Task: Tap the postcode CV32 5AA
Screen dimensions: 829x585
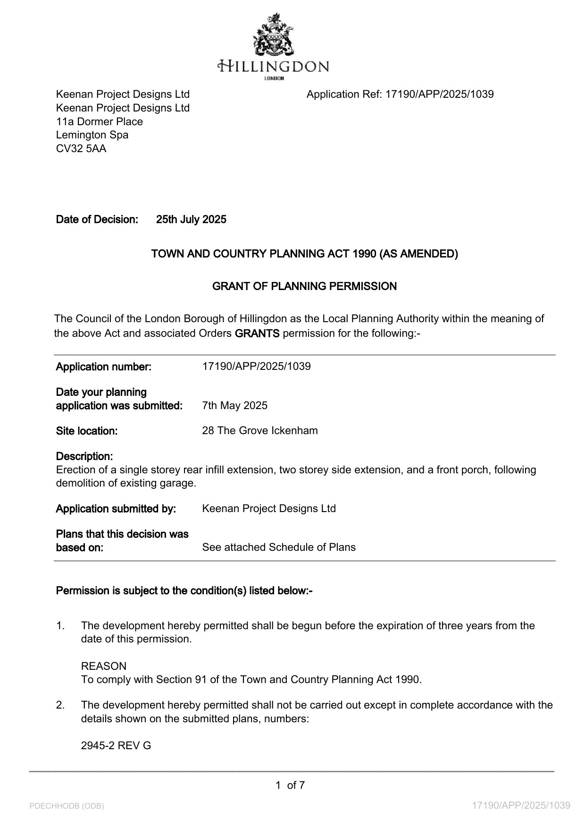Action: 81,149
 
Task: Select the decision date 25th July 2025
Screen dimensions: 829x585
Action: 191,220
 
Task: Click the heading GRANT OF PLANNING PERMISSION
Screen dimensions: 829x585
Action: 304,286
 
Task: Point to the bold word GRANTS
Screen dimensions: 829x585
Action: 257,333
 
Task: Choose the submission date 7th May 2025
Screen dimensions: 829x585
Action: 234,406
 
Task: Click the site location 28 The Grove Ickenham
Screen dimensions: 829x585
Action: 259,431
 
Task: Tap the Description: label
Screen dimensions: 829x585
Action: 84,456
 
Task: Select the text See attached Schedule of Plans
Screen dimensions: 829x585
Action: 279,547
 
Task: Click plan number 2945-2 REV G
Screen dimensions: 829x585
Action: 116,746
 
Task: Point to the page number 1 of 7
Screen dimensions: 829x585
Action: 290,786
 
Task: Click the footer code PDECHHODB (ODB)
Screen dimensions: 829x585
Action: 67,806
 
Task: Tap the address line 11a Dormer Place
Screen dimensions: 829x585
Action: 100,122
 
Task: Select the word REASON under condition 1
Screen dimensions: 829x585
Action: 104,667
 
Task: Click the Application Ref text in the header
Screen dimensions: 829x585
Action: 400,94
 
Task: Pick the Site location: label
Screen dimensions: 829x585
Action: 87,431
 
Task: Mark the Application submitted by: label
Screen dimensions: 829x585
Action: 116,509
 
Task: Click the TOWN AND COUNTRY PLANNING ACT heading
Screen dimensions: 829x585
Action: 304,254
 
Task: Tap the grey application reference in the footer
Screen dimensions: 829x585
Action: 521,805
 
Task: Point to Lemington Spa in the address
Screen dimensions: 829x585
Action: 92,135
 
